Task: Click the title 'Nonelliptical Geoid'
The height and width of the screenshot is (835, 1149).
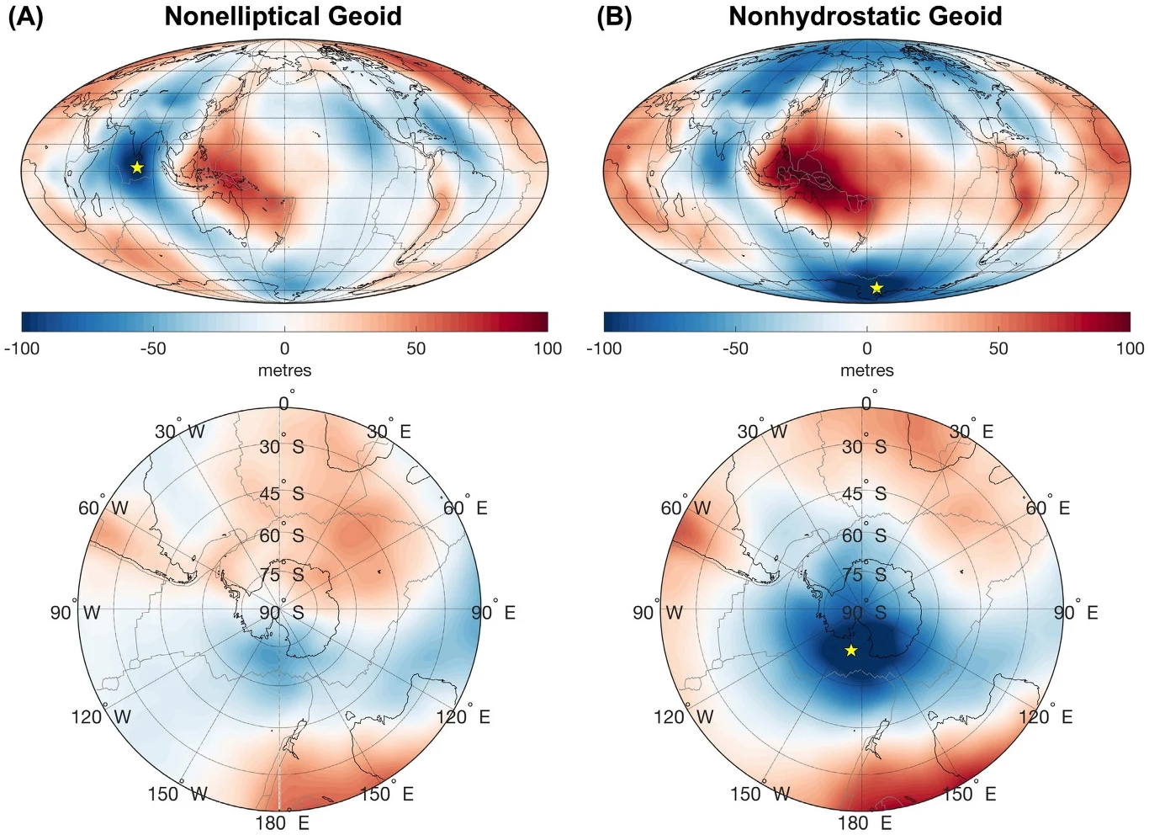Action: [x=283, y=16]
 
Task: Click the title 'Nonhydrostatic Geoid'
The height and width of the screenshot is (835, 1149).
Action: [x=865, y=16]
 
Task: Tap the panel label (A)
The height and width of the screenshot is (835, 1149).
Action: [x=25, y=16]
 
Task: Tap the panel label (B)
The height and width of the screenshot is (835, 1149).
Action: [x=613, y=16]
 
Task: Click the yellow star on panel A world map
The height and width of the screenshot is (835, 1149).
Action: [x=137, y=168]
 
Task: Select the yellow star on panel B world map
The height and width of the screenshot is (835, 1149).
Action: [x=876, y=288]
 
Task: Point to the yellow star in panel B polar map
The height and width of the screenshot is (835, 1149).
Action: [x=851, y=651]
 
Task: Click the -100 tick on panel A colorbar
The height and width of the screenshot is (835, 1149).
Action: [x=22, y=348]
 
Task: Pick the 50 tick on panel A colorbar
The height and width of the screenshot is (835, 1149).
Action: [x=416, y=348]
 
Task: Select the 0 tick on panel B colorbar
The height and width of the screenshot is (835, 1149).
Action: [x=867, y=348]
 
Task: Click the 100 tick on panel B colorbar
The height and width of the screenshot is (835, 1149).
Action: [x=1130, y=348]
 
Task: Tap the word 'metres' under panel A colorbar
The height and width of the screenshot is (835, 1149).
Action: [x=284, y=370]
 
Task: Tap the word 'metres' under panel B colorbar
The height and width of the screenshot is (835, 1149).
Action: [x=867, y=370]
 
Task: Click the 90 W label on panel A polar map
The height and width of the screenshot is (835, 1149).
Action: [x=74, y=612]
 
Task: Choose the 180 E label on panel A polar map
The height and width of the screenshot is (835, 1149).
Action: [x=283, y=822]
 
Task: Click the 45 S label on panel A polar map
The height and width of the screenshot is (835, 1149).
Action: [x=281, y=493]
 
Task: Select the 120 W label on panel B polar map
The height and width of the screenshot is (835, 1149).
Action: [x=683, y=716]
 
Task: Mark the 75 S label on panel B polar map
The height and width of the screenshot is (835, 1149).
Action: [x=864, y=574]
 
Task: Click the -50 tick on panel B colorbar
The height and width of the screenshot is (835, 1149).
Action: [x=735, y=348]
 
